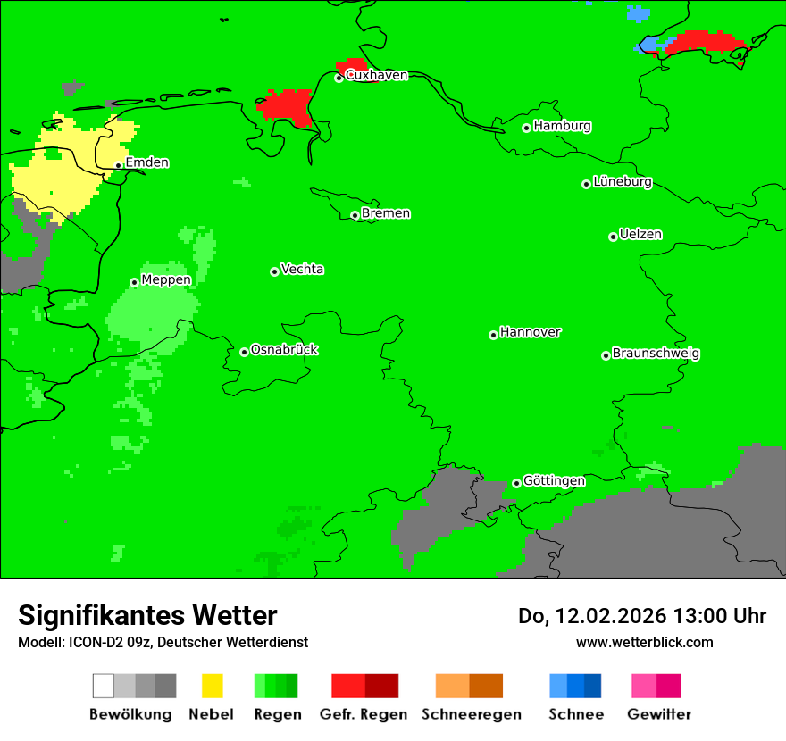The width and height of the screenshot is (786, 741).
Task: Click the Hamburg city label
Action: [562, 126]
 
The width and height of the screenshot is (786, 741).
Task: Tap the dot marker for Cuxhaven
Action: [339, 79]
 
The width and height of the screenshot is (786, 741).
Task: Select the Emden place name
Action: [146, 162]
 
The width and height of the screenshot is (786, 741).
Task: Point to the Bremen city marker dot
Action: [355, 215]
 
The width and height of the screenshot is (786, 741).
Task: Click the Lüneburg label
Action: [623, 181]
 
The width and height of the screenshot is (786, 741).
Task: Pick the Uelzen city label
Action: [640, 234]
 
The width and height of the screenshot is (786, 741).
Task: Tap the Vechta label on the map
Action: [302, 269]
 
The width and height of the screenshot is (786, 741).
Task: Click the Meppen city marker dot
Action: [134, 282]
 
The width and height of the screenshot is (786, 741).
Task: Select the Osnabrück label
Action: [284, 349]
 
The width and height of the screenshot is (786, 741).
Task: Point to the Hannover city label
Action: [530, 332]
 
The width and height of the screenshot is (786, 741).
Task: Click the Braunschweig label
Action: [656, 353]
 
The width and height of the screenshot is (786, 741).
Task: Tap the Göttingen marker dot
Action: [516, 484]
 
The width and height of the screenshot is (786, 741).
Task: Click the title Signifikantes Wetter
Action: [147, 615]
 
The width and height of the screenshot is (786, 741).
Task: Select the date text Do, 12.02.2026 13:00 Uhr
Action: [642, 616]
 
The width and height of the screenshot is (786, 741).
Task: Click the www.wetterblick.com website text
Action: [644, 642]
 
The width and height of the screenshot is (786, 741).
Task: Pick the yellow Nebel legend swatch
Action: [212, 686]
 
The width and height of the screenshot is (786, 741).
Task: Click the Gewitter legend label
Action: [659, 714]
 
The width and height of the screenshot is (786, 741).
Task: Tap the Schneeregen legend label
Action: [471, 714]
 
